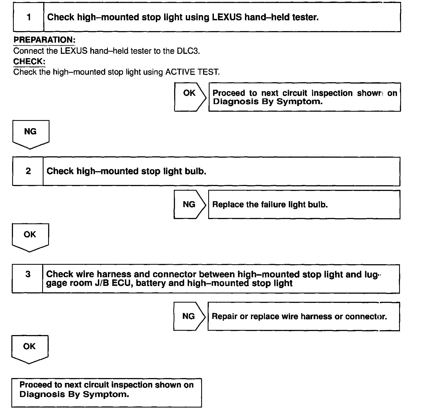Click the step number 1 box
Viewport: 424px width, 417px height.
point(28,17)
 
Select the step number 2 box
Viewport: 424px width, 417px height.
point(28,171)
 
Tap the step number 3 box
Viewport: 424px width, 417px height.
point(28,279)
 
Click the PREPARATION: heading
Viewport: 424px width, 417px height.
point(44,40)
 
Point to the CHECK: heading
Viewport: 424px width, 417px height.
point(29,61)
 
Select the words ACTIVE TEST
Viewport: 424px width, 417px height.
point(192,72)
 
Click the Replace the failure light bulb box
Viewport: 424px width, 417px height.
point(304,204)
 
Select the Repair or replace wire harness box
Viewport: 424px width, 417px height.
point(303,316)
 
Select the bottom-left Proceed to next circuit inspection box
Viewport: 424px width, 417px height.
point(107,392)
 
